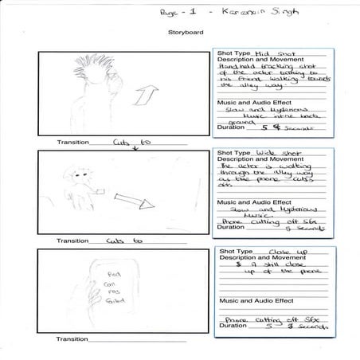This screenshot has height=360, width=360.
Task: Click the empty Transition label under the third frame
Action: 73,339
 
